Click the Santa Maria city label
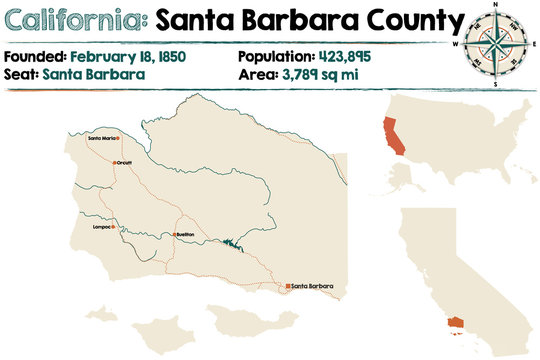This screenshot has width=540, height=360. (101, 137)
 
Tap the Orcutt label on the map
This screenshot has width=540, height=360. (124, 160)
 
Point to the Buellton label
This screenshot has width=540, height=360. (184, 234)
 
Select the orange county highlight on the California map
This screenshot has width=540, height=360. (457, 323)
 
